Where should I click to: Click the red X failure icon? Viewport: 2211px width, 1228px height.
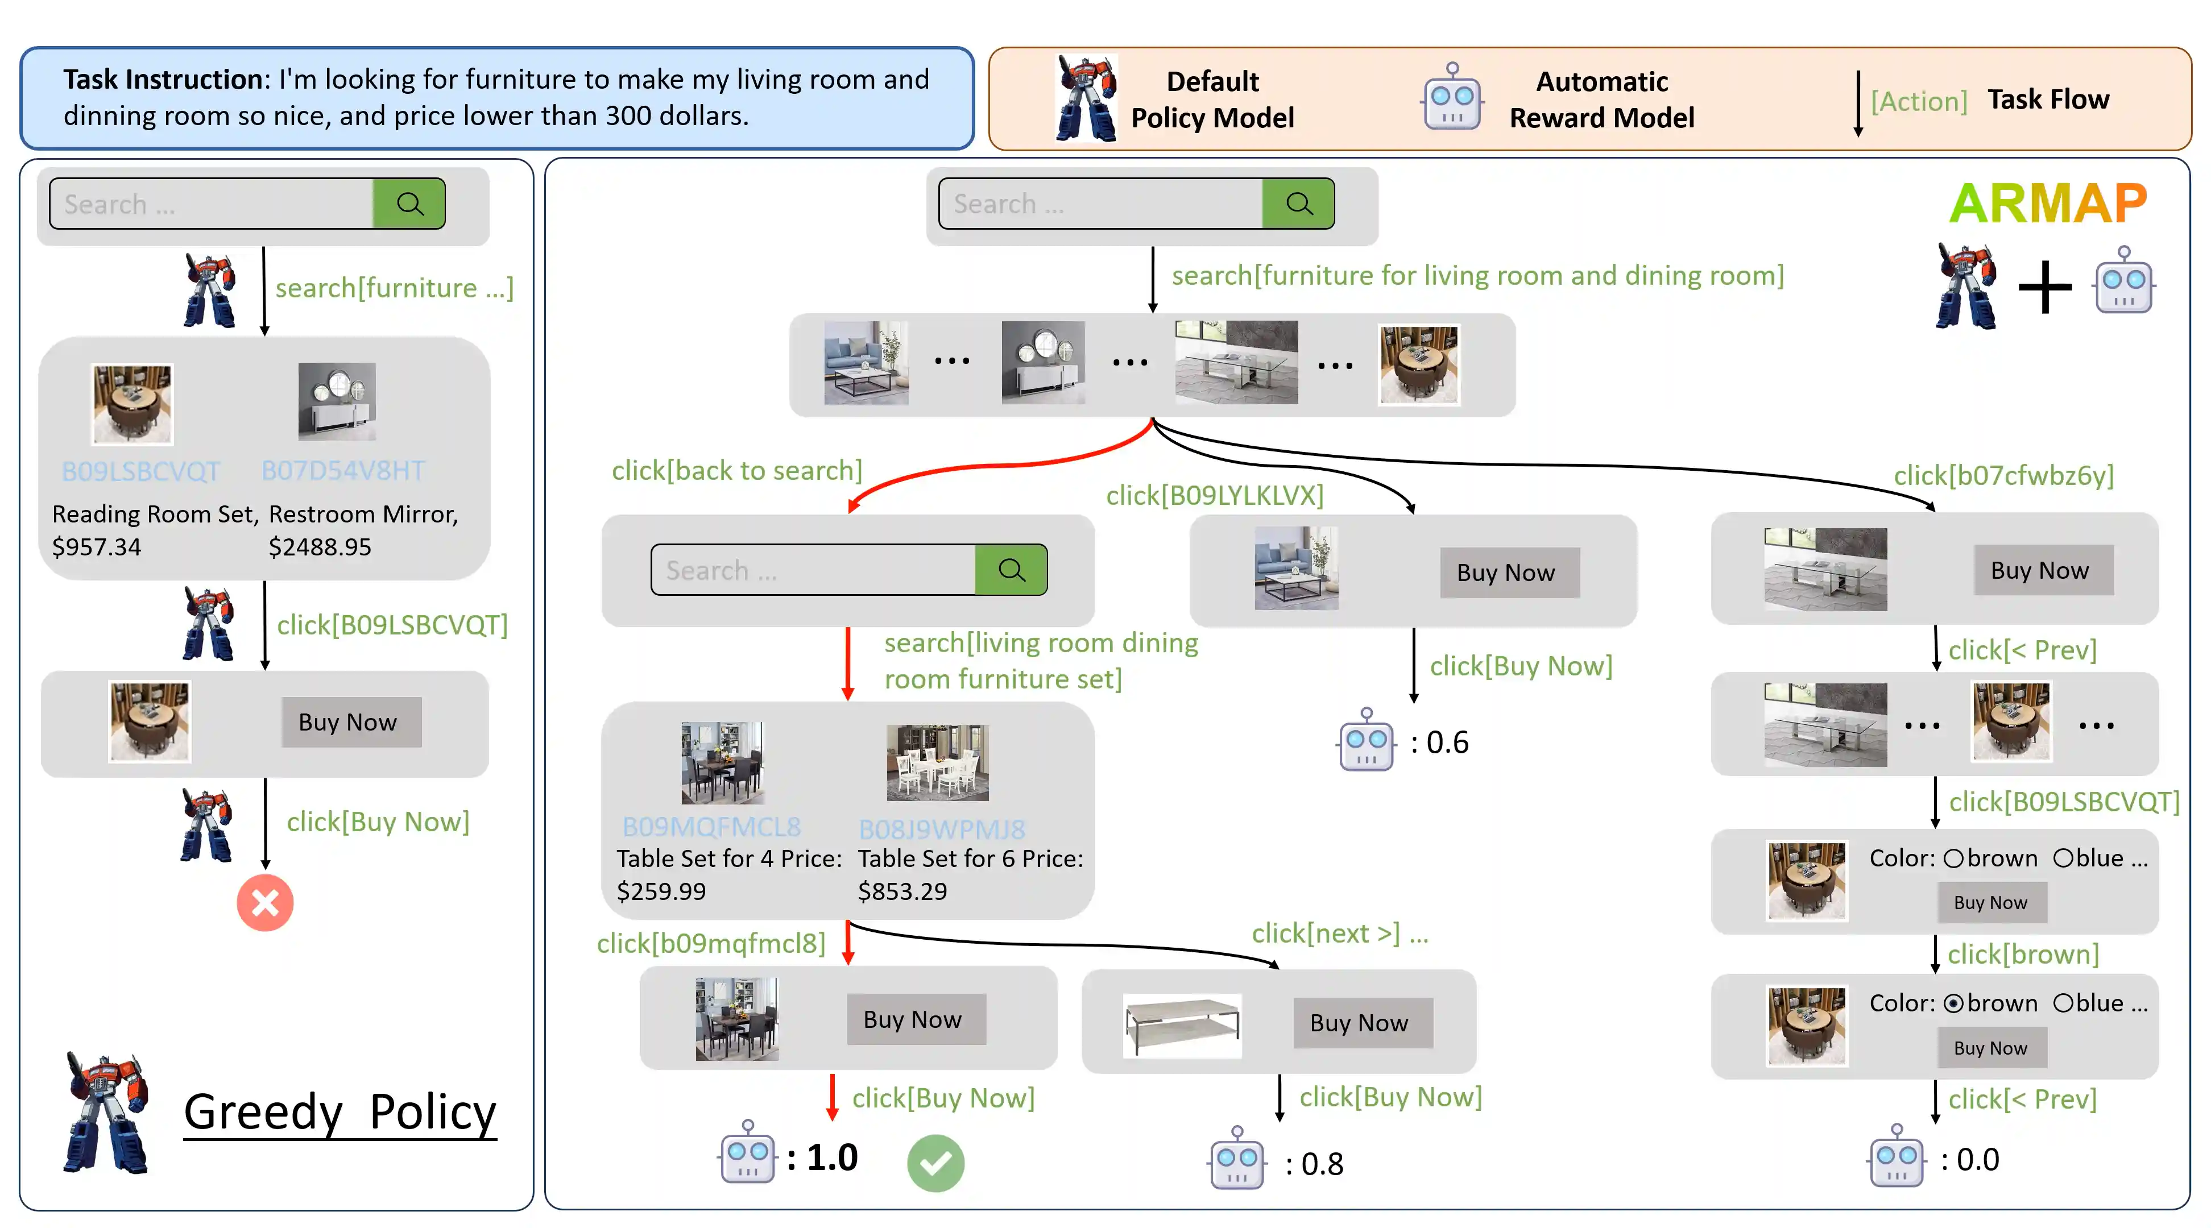264,903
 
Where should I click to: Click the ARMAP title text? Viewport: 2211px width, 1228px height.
2048,204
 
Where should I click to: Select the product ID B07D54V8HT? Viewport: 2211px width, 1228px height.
342,470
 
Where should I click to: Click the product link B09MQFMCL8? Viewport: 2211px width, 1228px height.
711,827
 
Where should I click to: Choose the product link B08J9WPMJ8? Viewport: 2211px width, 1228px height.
942,829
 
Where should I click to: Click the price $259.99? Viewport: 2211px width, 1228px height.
661,891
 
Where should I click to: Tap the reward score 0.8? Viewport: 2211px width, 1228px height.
1322,1164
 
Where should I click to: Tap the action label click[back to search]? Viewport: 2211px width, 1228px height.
736,470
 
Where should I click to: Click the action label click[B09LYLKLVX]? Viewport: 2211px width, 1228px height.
1215,495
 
